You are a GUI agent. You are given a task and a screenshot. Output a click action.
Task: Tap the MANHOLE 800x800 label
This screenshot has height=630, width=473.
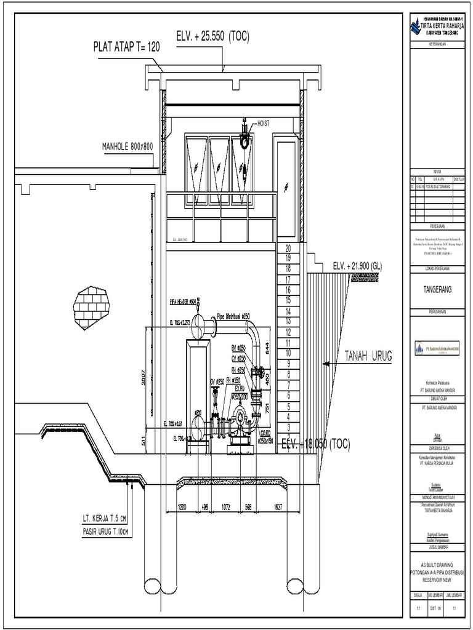[x=127, y=146]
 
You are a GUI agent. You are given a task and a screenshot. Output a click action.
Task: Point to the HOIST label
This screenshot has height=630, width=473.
[x=263, y=124]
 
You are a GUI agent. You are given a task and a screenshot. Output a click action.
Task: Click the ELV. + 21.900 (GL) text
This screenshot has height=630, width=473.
[x=357, y=266]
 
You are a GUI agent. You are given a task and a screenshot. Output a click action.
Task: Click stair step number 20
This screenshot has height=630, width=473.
[x=288, y=247]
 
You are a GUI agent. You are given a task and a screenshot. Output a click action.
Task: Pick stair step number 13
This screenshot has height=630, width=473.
[x=288, y=321]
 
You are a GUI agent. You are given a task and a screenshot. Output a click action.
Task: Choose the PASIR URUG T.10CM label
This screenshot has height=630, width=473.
[x=107, y=531]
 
